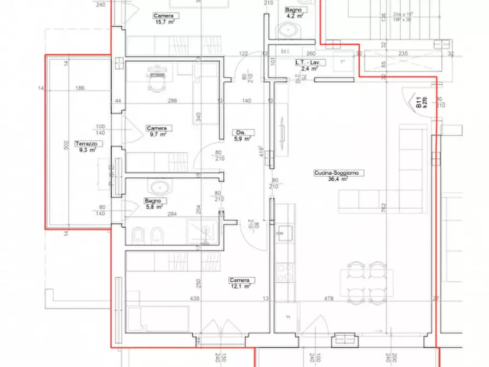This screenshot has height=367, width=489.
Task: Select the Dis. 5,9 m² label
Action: (242, 135)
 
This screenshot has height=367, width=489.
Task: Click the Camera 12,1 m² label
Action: (240, 283)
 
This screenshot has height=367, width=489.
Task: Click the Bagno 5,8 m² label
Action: (154, 204)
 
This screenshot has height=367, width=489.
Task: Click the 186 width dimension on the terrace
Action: (80, 87)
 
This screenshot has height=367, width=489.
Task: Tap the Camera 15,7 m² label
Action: (164, 19)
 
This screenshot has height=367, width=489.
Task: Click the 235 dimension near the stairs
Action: (403, 53)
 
